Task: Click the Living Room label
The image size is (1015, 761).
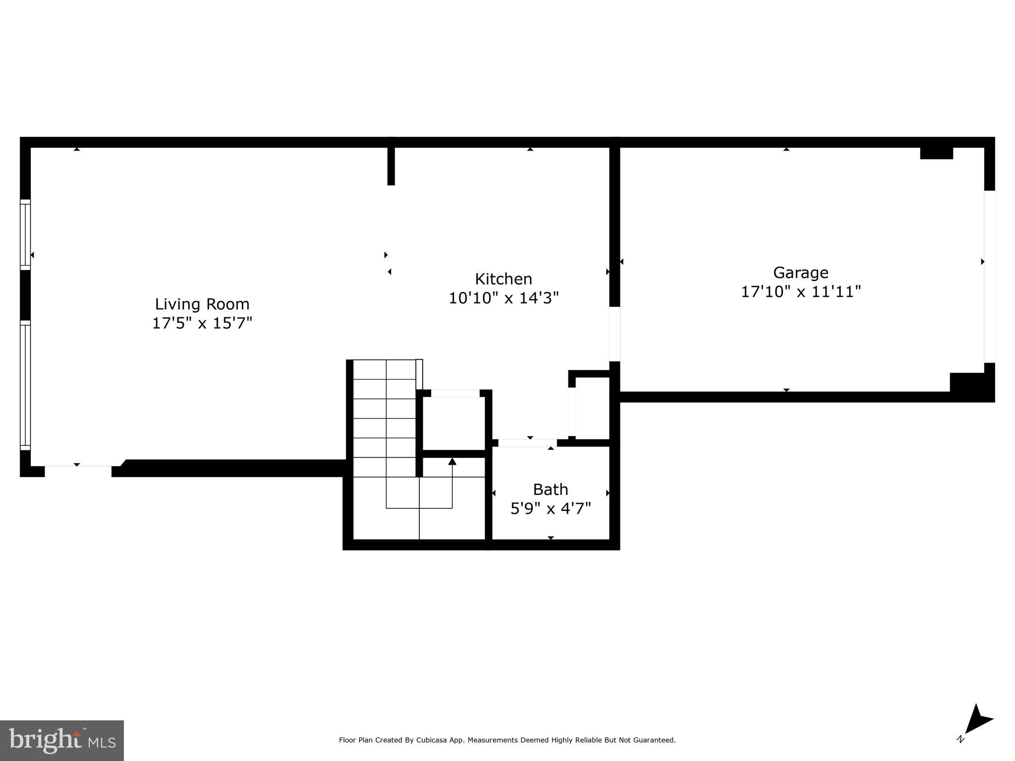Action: point(202,304)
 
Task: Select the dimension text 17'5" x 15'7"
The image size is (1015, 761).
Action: point(202,324)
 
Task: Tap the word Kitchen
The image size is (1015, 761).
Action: point(504,279)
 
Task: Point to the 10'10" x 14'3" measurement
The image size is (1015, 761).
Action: point(504,298)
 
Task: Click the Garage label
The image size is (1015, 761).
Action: point(800,272)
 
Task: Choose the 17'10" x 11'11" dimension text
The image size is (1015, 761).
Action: point(800,292)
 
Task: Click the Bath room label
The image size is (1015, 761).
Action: point(550,489)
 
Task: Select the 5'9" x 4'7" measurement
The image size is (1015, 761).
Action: point(550,509)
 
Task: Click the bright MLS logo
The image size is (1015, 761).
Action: point(62,740)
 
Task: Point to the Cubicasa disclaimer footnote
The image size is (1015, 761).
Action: point(507,740)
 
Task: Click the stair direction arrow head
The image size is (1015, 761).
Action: point(452,462)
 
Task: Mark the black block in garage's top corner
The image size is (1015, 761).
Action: point(936,153)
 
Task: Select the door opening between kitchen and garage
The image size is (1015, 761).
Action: point(615,334)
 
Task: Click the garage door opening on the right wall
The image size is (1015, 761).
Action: point(989,276)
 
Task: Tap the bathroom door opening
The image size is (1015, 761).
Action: point(527,442)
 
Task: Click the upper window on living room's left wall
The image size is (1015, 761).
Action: point(25,234)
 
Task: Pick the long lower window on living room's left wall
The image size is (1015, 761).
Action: point(25,385)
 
